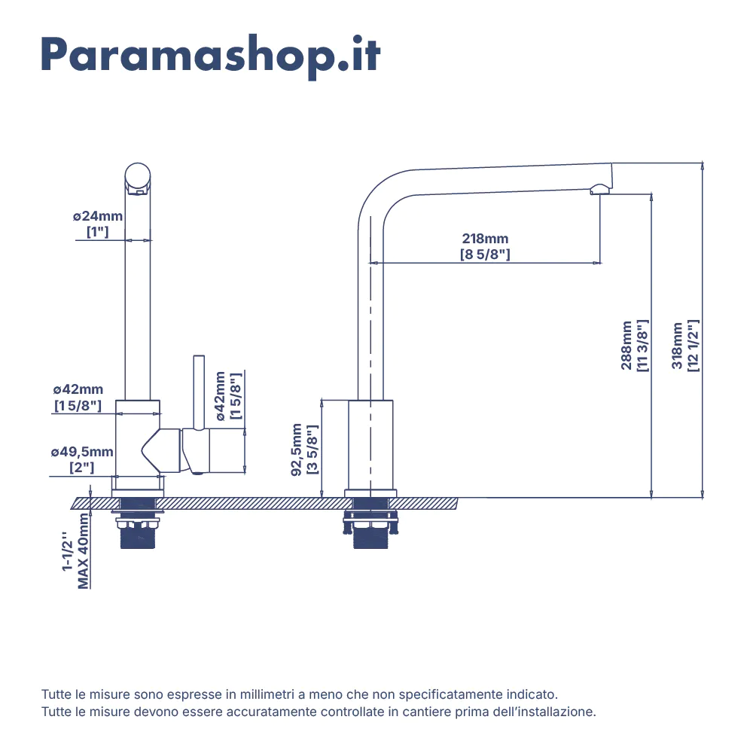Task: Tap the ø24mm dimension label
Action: pyautogui.click(x=97, y=216)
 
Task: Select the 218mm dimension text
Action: pyautogui.click(x=485, y=238)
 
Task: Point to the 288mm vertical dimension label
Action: pyautogui.click(x=626, y=346)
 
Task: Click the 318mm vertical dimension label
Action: pyautogui.click(x=677, y=346)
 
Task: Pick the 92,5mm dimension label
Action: pyautogui.click(x=296, y=450)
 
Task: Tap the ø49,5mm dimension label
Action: pyautogui.click(x=82, y=451)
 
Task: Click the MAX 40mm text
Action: pyautogui.click(x=83, y=551)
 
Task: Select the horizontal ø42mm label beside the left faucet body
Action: pyautogui.click(x=78, y=389)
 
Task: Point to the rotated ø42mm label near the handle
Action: pyautogui.click(x=220, y=396)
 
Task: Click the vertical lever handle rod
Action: pyautogui.click(x=199, y=392)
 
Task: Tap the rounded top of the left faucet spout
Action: pyautogui.click(x=138, y=175)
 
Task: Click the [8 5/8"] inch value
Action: pyautogui.click(x=485, y=254)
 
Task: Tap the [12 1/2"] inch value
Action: pyautogui.click(x=693, y=346)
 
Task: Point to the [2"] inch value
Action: pyautogui.click(x=82, y=468)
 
